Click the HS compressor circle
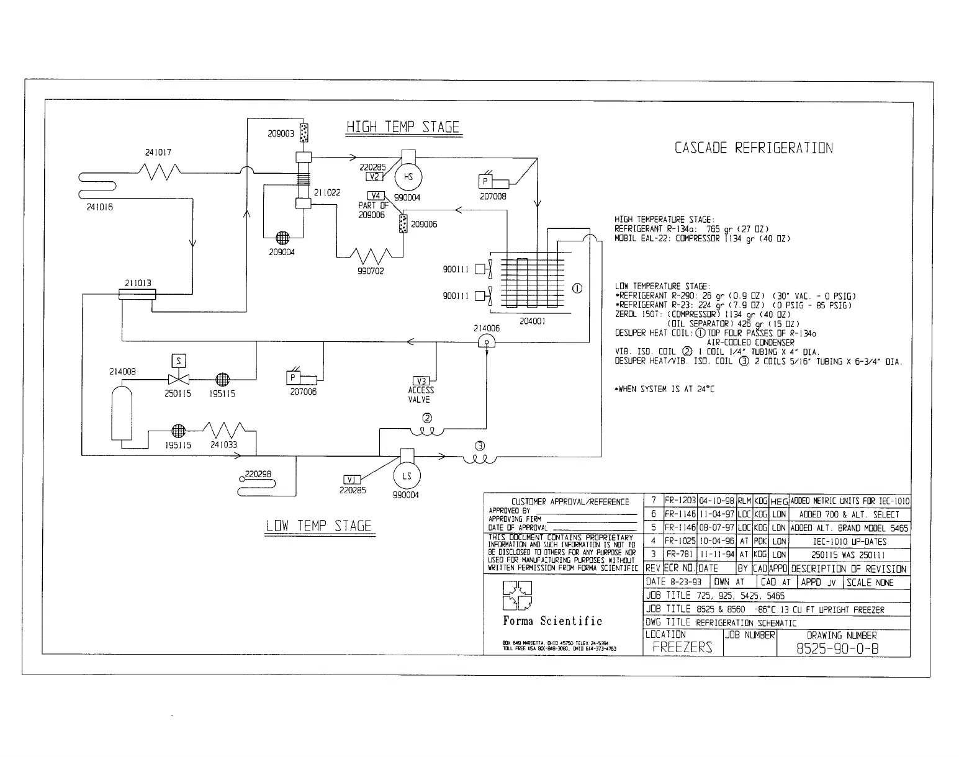[408, 177]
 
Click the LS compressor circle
[407, 477]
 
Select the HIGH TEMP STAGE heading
[403, 127]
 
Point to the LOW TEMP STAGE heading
[318, 526]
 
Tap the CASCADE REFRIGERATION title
[753, 148]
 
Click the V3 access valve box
[421, 381]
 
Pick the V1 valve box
[352, 480]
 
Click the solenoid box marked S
[179, 361]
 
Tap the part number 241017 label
[158, 152]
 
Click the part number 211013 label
[137, 283]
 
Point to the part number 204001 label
[532, 321]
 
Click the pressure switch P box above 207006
[293, 378]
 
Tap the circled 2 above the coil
[427, 417]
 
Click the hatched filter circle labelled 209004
[282, 238]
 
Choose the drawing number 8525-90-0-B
[837, 648]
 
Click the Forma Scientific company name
[552, 621]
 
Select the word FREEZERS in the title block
[682, 647]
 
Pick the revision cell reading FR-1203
[680, 501]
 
